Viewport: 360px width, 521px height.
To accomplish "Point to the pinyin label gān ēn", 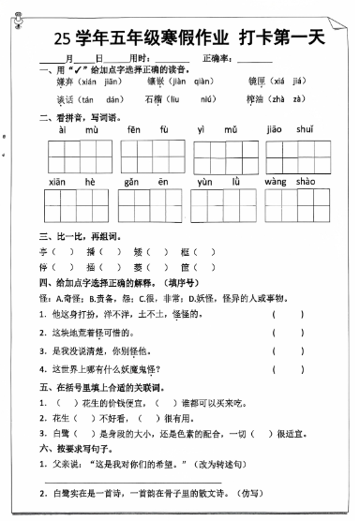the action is coord(141,181).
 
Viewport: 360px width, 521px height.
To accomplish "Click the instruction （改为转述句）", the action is coord(220,463).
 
